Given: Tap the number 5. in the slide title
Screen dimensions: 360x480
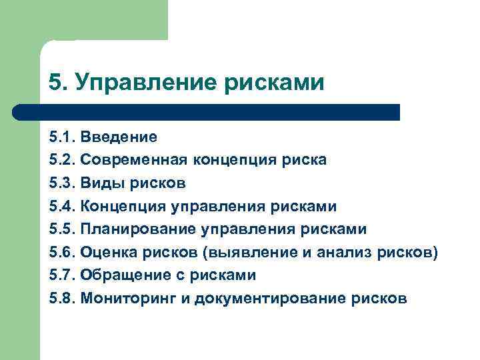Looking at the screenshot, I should tap(57, 83).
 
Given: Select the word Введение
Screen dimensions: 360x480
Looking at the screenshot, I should tap(119, 137).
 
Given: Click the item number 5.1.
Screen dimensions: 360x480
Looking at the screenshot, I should tap(62, 137).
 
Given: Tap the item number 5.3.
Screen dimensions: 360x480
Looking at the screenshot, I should tap(62, 183).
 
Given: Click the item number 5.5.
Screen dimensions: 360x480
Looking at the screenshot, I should tap(62, 229).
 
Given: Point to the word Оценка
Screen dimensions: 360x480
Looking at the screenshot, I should tap(107, 253).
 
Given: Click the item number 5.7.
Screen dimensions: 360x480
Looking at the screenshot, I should tap(62, 275).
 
